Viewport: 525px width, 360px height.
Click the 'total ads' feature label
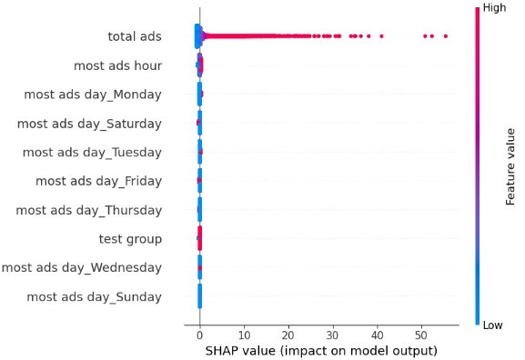pos(134,36)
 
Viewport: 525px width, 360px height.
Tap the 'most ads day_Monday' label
pos(93,95)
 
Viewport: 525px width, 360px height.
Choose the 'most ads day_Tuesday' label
pos(92,152)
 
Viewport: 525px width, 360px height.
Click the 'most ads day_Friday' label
pos(98,181)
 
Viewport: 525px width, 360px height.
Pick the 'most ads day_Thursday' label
pos(89,210)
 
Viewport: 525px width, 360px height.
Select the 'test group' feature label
pos(130,239)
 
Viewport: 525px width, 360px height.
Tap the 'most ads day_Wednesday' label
pos(82,267)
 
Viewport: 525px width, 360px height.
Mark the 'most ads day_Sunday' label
pos(95,296)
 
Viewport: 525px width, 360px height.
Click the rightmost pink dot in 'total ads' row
pos(445,36)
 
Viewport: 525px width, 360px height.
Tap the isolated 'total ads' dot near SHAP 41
pos(381,36)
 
